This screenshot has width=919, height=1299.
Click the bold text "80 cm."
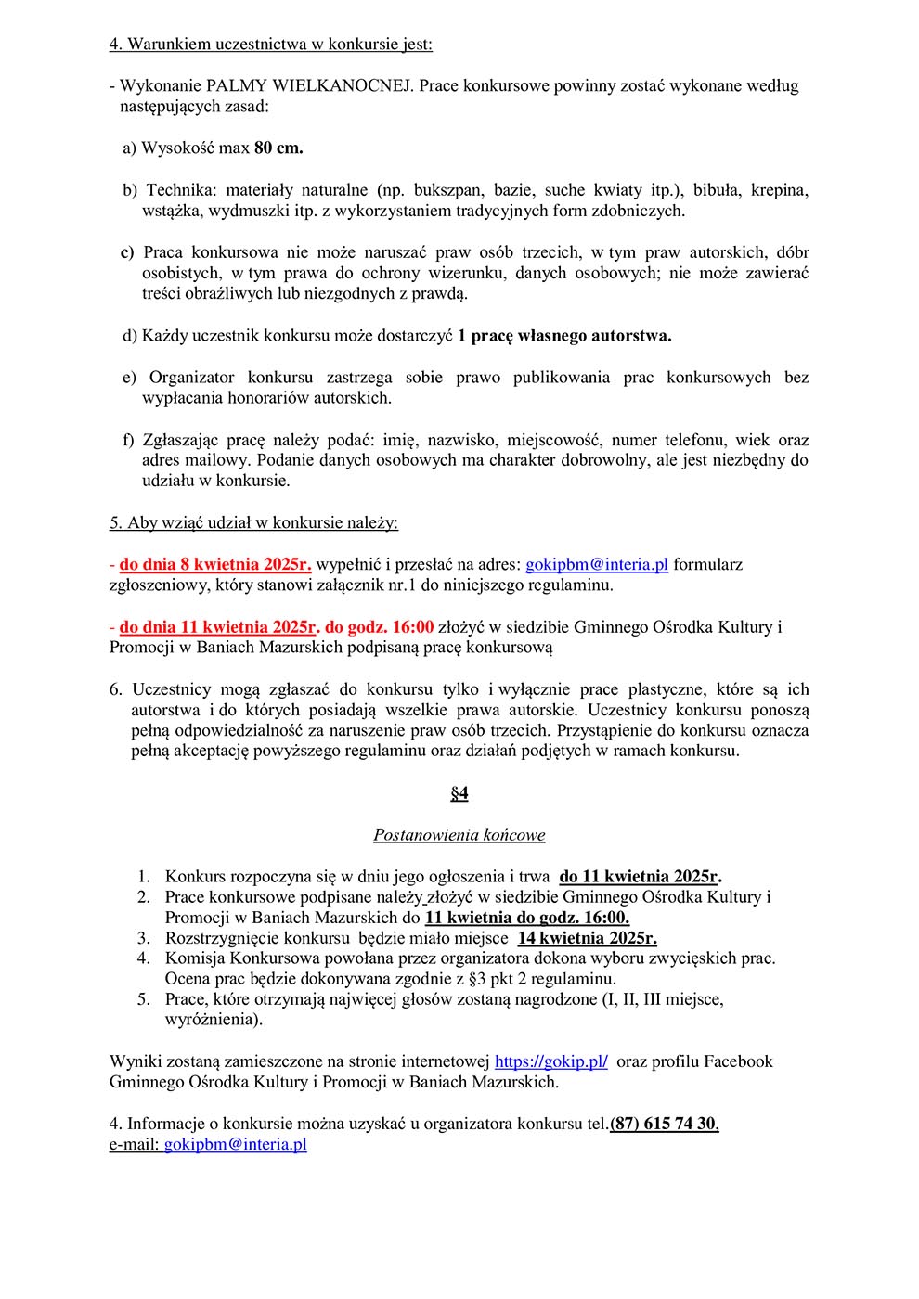278,148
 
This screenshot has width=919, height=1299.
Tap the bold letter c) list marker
127,252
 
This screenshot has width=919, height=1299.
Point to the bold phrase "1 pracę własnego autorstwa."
564,335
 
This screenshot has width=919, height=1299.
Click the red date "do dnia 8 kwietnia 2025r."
215,564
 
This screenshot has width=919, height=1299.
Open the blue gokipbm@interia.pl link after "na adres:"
597,564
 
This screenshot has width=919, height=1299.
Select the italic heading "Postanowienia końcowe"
459,835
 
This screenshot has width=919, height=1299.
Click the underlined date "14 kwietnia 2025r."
587,938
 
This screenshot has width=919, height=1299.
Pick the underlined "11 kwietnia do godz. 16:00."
526,918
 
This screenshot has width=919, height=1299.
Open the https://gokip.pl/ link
551,1061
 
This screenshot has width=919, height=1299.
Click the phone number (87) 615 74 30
664,1124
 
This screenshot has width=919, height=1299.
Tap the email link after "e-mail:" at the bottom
235,1144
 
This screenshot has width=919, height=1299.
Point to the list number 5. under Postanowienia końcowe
144,999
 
